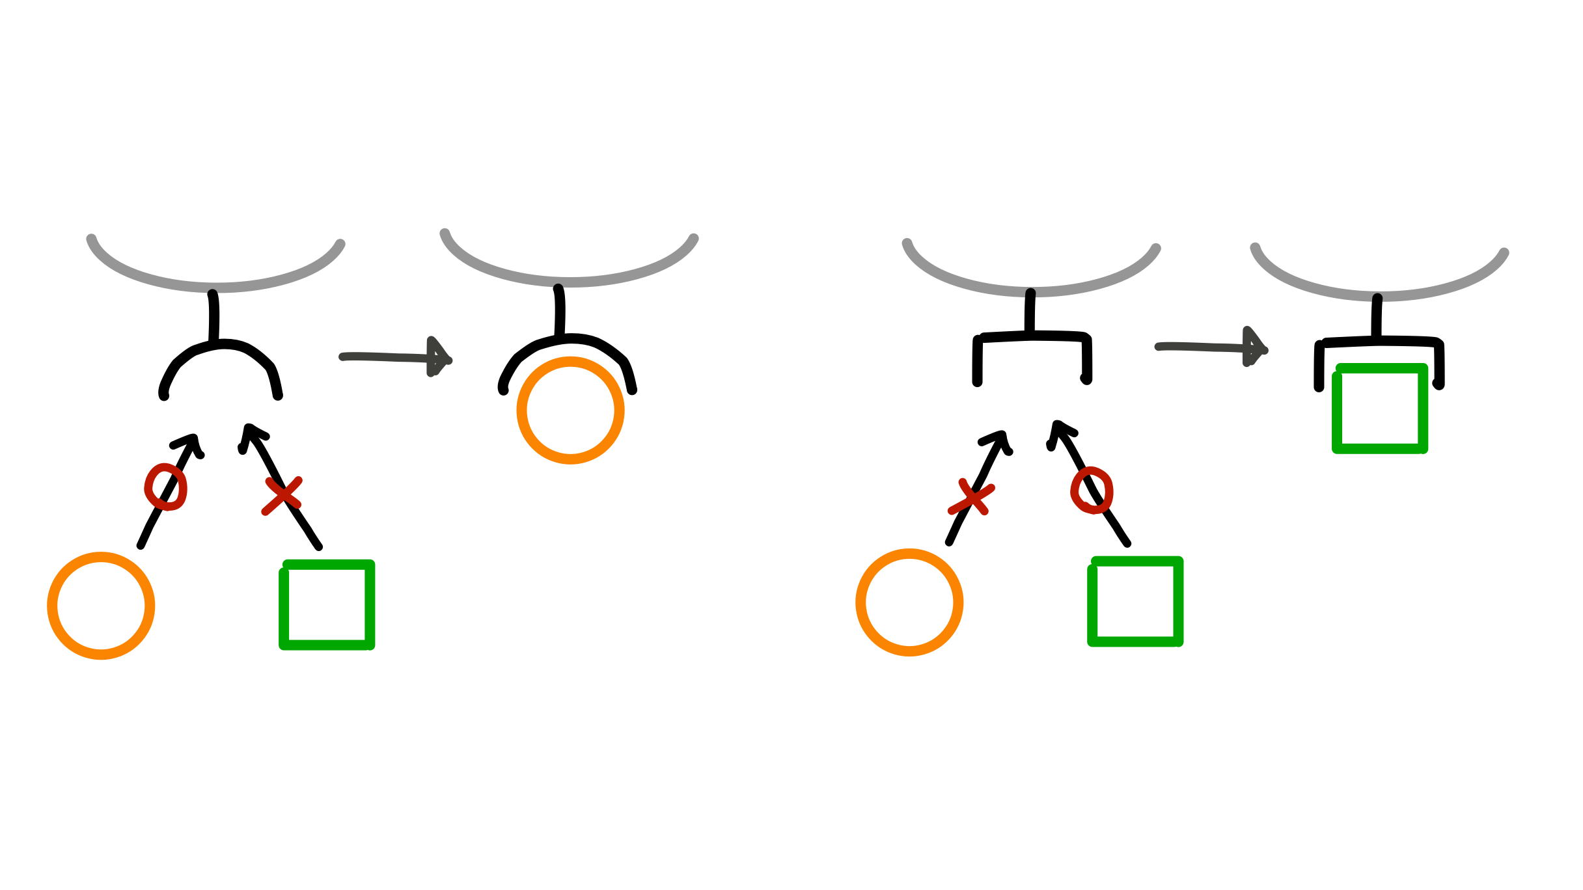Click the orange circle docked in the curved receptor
570,411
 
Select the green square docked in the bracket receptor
1379,409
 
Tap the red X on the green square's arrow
282,496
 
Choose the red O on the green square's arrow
1092,490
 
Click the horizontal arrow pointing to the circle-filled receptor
395,357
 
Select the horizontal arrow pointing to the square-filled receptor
1211,347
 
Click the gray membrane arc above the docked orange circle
569,280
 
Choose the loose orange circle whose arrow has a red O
101,606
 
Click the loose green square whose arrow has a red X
327,604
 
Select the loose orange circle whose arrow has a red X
909,602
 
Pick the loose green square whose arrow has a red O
1135,601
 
